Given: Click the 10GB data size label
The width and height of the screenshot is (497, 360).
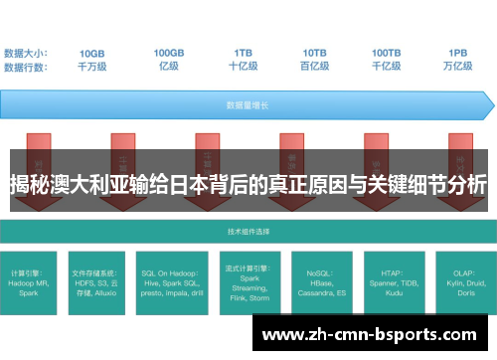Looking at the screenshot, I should point(92,53).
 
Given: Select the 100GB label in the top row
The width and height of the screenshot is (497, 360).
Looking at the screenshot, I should point(169,53).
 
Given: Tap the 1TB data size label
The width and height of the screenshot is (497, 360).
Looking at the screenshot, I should point(244,53).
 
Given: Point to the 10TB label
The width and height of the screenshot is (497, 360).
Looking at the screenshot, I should point(315,53).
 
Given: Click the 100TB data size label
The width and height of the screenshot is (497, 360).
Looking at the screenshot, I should point(387,53).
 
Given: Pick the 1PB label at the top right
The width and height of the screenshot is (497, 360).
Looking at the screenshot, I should point(458,53).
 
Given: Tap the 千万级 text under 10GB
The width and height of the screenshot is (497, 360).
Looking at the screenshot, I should point(92,66).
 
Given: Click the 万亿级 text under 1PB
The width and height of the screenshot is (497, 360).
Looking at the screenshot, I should point(458,66).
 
